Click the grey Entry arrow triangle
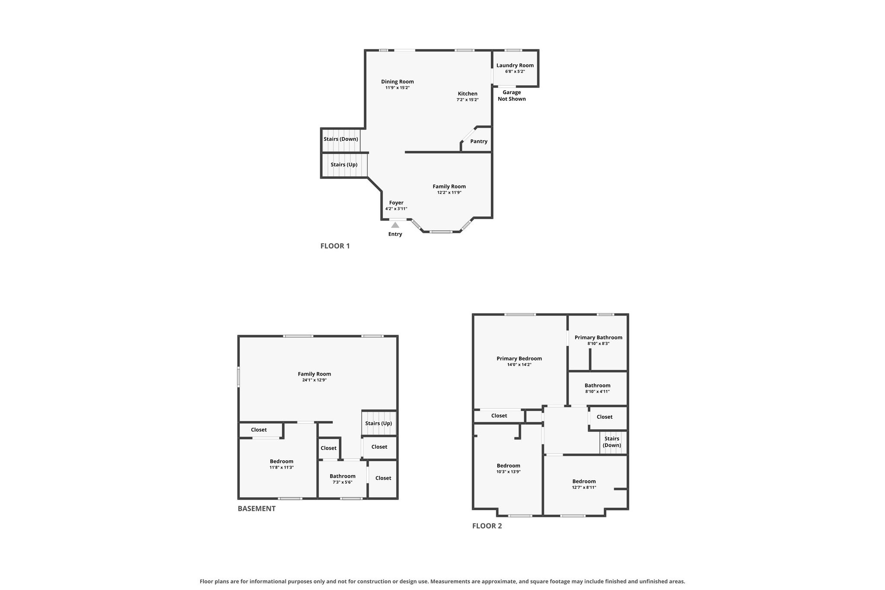coord(395,225)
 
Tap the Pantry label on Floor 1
coord(479,141)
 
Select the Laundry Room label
coord(515,65)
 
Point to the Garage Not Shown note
coord(512,96)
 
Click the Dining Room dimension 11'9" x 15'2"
coord(398,88)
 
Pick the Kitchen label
coord(468,94)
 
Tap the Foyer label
coord(396,203)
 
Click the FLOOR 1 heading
coord(335,246)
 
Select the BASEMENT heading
coord(257,508)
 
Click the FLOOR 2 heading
coord(487,526)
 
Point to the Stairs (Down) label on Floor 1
coord(341,139)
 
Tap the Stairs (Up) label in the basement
coord(379,424)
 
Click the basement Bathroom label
coord(343,476)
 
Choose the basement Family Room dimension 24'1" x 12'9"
coord(315,380)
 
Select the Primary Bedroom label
coord(519,359)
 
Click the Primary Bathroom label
coord(598,338)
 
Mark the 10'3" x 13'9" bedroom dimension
coord(509,472)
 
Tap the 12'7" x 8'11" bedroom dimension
coord(584,488)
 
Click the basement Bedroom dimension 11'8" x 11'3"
coord(282,468)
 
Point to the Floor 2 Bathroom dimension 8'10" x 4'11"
coord(598,392)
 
